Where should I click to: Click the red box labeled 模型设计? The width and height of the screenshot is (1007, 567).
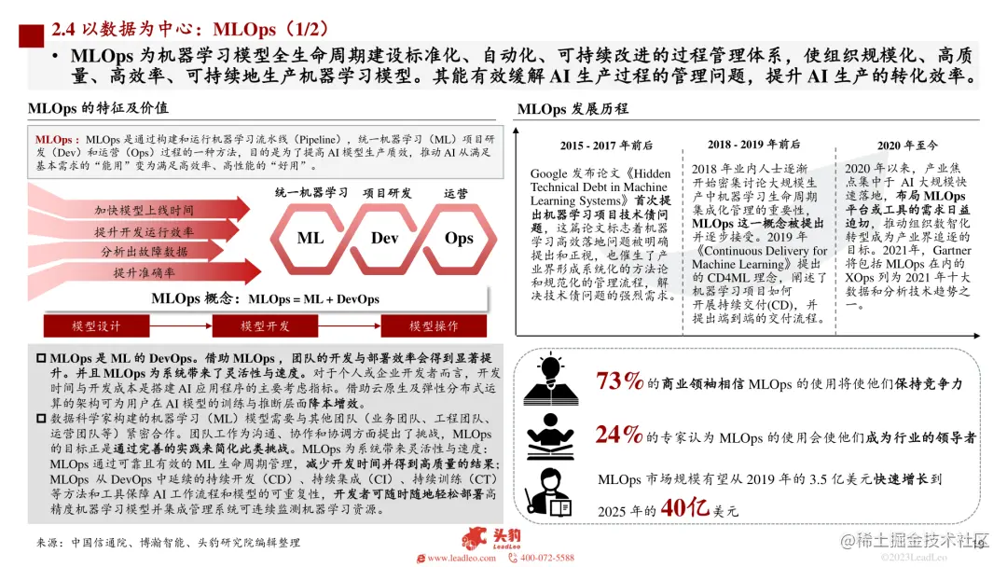pos(96,326)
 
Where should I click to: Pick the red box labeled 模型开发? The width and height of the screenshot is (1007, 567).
pos(265,326)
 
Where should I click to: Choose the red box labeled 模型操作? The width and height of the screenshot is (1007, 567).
pos(434,326)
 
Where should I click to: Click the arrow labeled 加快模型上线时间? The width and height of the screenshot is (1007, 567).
pos(144,209)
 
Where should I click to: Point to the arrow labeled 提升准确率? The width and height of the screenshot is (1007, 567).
pos(144,272)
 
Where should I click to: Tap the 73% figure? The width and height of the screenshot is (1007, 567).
pos(619,380)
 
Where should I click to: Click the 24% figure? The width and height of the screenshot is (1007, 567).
pos(618,435)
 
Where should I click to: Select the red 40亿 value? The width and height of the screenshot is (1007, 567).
pos(684,508)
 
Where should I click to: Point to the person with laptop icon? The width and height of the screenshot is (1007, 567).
pos(548,491)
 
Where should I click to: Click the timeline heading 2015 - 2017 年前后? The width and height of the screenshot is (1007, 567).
pos(606,145)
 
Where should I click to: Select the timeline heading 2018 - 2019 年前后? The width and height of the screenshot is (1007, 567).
pos(754,145)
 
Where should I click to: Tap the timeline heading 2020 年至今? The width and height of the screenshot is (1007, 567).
pos(907,145)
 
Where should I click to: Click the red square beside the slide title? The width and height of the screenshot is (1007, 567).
pos(32,36)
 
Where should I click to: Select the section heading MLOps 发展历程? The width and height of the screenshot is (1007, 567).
pos(572,109)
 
